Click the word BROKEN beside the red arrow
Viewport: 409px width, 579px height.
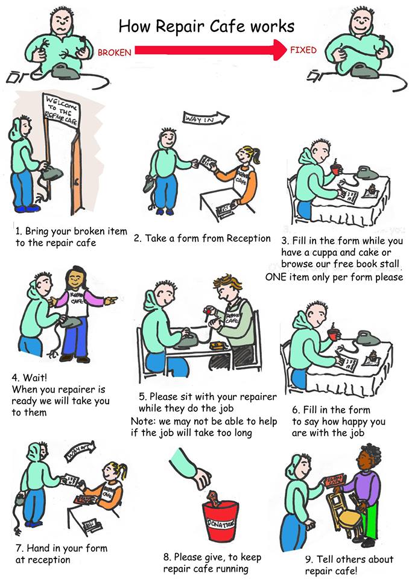[x=114, y=53]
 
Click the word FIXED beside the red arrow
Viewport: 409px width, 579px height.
[x=303, y=50]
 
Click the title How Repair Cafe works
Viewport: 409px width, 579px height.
[x=206, y=26]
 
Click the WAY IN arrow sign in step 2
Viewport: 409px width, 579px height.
[x=205, y=119]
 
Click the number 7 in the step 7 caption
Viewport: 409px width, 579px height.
[x=19, y=548]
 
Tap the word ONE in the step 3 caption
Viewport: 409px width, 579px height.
[x=278, y=277]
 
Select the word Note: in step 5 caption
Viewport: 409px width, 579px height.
[x=144, y=421]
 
